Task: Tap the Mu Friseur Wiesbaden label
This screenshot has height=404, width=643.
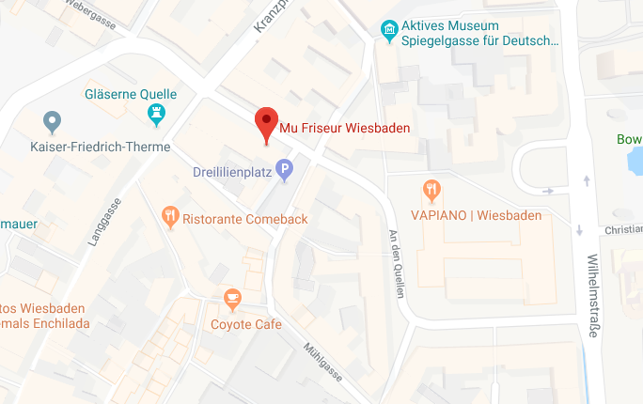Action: click(345, 128)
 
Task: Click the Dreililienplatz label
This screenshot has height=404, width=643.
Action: click(231, 172)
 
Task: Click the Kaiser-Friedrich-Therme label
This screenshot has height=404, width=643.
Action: click(101, 147)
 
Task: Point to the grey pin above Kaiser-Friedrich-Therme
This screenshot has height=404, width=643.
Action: click(53, 121)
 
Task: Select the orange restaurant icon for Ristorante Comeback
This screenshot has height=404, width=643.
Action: click(170, 218)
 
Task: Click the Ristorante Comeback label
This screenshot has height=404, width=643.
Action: click(245, 219)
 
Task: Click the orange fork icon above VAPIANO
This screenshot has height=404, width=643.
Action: click(431, 191)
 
